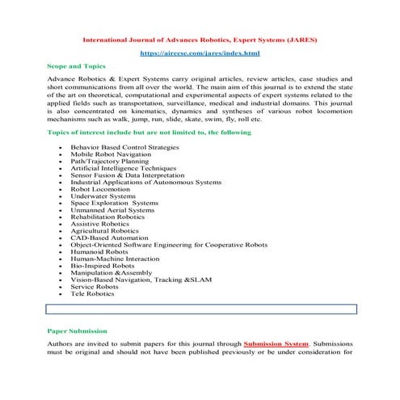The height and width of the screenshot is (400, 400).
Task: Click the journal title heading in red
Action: (200, 38)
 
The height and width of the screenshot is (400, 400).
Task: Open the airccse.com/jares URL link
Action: (200, 53)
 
